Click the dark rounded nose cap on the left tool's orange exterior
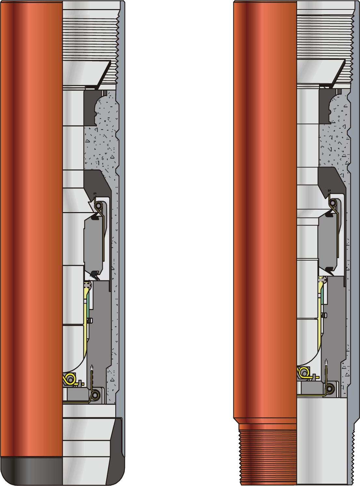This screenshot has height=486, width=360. click(x=31, y=471)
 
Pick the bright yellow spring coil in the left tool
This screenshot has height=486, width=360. click(x=70, y=379)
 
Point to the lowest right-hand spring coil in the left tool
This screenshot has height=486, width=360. click(x=95, y=395)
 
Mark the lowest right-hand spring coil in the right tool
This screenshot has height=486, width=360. click(x=330, y=388)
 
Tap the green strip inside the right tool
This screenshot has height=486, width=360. click(x=323, y=296)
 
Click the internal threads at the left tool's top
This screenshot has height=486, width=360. click(x=90, y=39)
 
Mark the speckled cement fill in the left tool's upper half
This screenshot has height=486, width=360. click(x=99, y=146)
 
